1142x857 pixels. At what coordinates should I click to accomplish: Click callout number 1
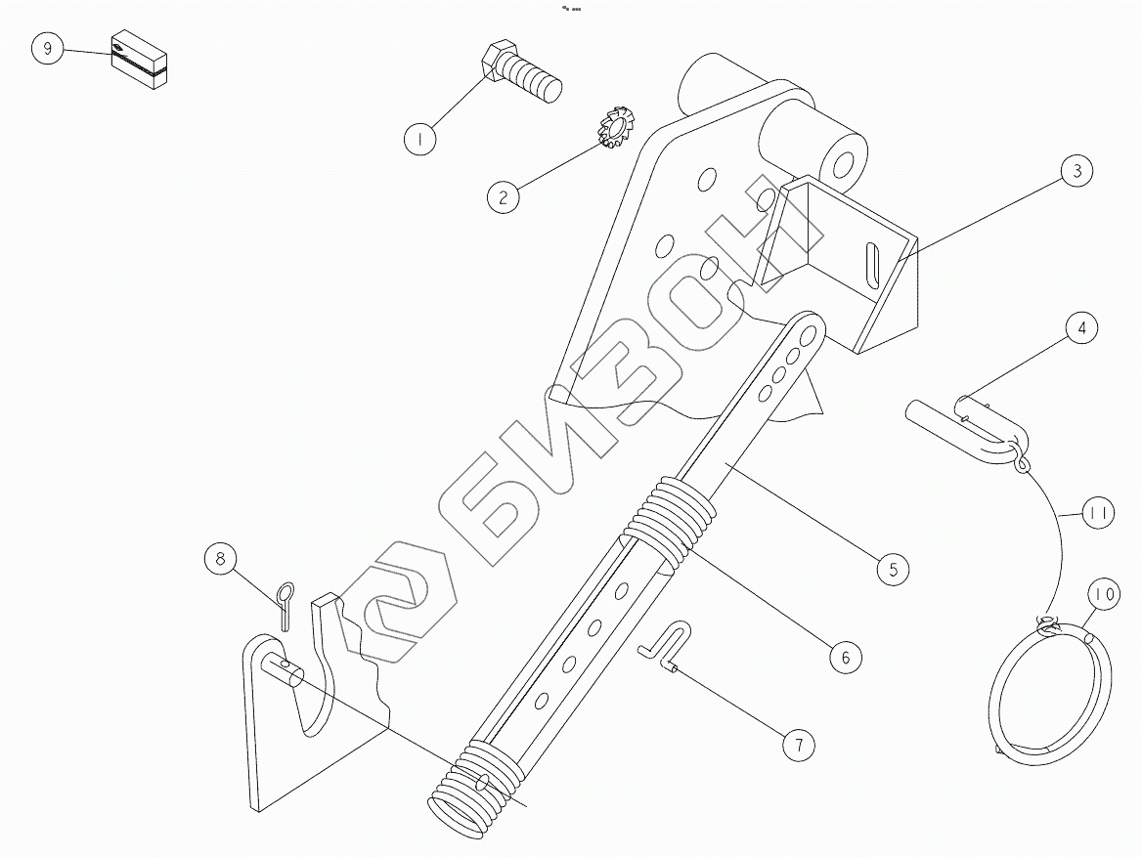point(420,140)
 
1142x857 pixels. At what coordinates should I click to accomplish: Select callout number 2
point(503,196)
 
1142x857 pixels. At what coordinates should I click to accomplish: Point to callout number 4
point(1080,328)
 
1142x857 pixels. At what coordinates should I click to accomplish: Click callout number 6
point(846,656)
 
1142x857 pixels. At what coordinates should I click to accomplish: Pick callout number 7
point(798,745)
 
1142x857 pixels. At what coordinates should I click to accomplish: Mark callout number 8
point(221,559)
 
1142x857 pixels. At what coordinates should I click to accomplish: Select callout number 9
point(47,48)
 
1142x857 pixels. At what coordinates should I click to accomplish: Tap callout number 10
point(1103,593)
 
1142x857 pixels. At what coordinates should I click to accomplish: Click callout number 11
point(1099,513)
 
